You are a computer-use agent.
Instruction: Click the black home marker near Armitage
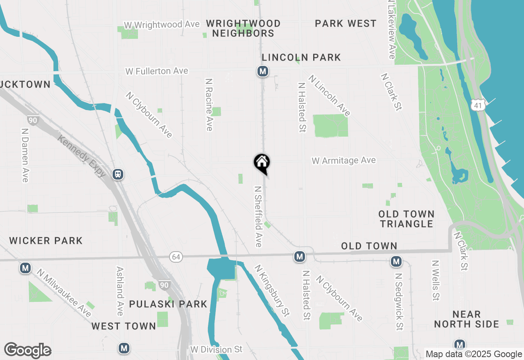tap(262, 163)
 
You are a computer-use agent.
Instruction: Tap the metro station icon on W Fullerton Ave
tap(263, 72)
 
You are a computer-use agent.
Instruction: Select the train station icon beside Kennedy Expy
tap(118, 174)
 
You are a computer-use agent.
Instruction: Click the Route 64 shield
tap(176, 257)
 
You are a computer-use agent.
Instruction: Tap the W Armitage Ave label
tap(343, 161)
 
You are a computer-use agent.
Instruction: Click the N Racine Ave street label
tap(209, 105)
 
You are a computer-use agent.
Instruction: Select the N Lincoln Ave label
tap(330, 95)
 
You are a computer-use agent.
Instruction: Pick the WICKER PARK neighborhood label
tap(46, 241)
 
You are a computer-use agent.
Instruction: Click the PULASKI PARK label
tap(168, 304)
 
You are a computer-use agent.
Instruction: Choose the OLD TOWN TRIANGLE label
tap(406, 219)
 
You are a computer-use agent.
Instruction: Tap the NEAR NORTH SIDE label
tap(467, 319)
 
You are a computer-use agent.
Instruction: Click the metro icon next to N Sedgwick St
tap(396, 261)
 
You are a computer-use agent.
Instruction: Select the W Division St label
tap(216, 350)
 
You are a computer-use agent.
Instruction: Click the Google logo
tap(27, 351)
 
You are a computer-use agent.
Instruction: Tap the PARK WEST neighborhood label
tap(346, 24)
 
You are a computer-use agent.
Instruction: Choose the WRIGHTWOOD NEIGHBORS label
tap(243, 28)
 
